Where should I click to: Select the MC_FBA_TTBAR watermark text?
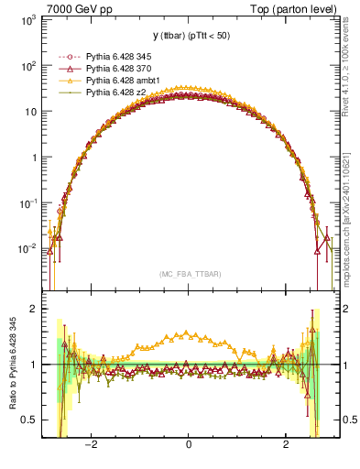tap(189, 274)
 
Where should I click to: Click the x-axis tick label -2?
tap(91, 445)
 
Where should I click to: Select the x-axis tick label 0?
tap(189, 445)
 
